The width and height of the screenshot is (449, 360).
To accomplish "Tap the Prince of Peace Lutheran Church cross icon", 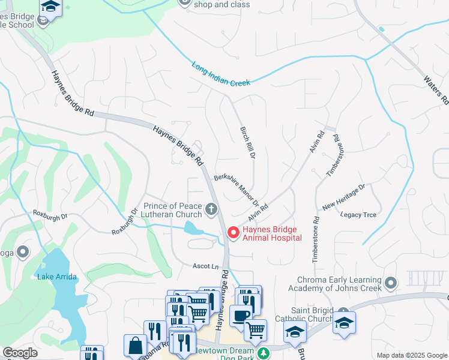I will point(211,209).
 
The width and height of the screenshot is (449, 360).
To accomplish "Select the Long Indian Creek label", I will point(221,75).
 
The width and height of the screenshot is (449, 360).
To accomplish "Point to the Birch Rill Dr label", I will point(247,142).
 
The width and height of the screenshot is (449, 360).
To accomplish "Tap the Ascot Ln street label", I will point(205,266).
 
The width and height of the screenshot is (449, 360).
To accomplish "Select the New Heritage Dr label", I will point(343,197).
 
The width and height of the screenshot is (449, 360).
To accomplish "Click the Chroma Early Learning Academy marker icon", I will point(391,282).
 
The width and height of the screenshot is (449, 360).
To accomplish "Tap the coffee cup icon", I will point(241,316).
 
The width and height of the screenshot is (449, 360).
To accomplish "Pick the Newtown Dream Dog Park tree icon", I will point(263,353).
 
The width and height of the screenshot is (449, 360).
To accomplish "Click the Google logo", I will point(20,353).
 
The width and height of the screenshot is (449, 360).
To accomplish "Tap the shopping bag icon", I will point(135,346).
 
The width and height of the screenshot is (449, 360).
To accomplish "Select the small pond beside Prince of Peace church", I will point(193,228).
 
